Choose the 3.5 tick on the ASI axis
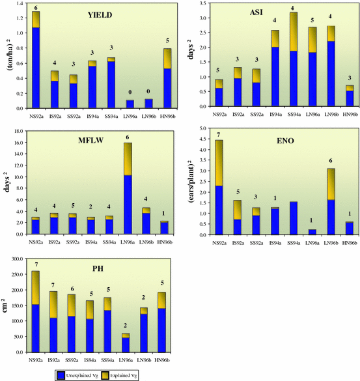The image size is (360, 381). click(201, 5)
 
